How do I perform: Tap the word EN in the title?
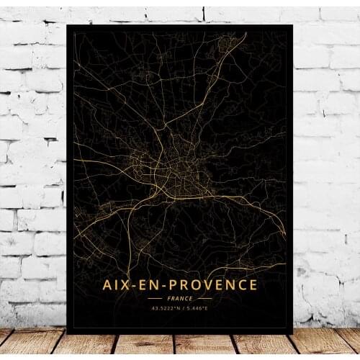tap(153, 285)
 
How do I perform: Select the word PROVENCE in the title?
tap(214, 285)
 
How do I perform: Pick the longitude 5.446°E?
tap(197, 309)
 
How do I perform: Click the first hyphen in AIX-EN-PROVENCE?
tap(137, 286)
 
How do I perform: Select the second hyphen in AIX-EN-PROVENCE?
tap(169, 286)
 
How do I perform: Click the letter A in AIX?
tap(108, 285)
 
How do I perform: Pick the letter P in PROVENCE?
tap(178, 285)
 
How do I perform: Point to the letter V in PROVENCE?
tap(212, 285)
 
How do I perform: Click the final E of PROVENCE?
tap(252, 285)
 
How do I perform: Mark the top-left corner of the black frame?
tap(66, 24)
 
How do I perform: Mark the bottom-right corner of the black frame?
tap(293, 333)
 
